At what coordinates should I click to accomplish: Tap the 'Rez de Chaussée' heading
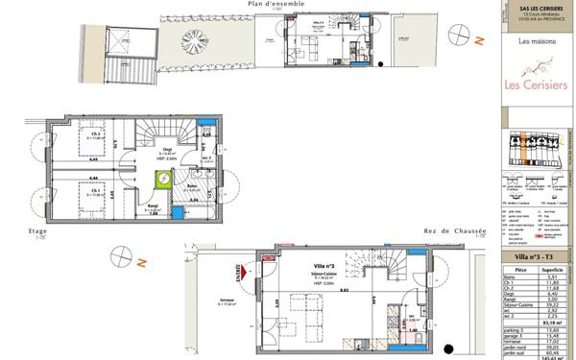click(x=455, y=230)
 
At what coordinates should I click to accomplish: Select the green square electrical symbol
click(x=164, y=179)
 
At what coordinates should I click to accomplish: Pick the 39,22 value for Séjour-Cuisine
click(x=551, y=304)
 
